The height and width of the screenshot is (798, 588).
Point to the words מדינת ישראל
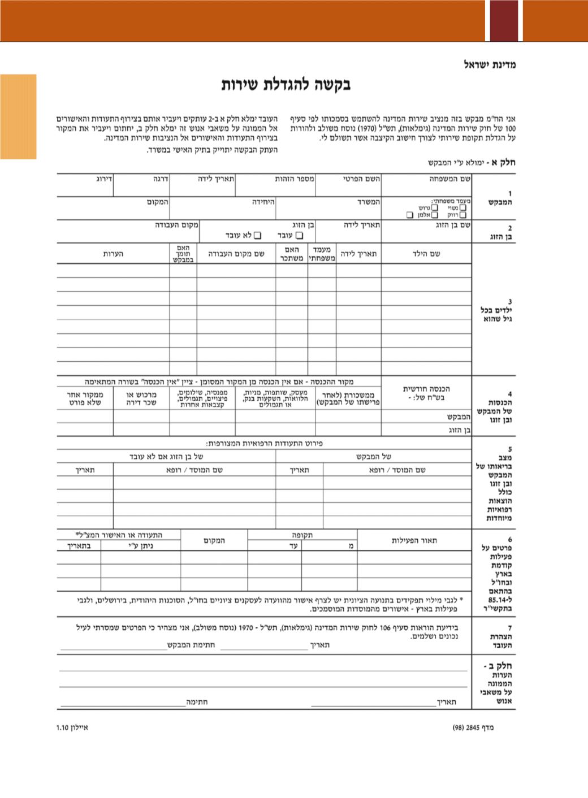pyautogui.click(x=490, y=64)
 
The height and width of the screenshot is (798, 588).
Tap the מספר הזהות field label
pyautogui.click(x=295, y=179)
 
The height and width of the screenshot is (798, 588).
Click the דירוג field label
pyautogui.click(x=104, y=179)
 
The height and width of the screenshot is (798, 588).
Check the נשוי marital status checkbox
pyautogui.click(x=463, y=208)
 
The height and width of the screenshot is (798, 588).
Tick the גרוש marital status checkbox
pyautogui.click(x=435, y=208)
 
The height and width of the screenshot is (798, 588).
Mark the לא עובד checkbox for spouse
pyautogui.click(x=258, y=235)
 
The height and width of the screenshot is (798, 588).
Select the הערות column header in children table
pyautogui.click(x=113, y=254)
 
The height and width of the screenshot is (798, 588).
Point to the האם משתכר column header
pyautogui.click(x=292, y=254)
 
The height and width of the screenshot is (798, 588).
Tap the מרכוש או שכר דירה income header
pyautogui.click(x=141, y=398)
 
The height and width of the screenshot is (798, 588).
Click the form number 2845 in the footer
pyautogui.click(x=473, y=727)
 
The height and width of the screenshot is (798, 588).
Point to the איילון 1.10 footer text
pyautogui.click(x=72, y=727)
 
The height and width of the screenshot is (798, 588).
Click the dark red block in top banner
pyautogui.click(x=504, y=20)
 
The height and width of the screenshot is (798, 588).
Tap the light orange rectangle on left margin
pyautogui.click(x=18, y=116)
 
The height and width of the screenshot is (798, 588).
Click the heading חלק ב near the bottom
pyautogui.click(x=498, y=666)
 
